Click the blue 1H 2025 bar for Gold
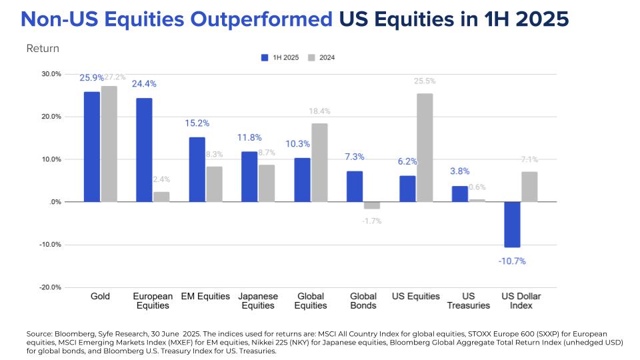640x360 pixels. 91,147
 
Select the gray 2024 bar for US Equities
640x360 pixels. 425,147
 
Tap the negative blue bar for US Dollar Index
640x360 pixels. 512,225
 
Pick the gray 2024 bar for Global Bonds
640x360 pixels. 372,205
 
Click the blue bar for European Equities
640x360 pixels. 144,150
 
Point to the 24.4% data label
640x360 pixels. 144,84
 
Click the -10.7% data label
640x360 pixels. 512,261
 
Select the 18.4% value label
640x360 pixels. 319,111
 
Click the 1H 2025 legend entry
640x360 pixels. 280,57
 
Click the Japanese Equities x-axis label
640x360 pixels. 258,301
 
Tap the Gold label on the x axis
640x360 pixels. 100,296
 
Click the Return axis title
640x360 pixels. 43,49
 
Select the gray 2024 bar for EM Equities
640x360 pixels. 214,184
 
